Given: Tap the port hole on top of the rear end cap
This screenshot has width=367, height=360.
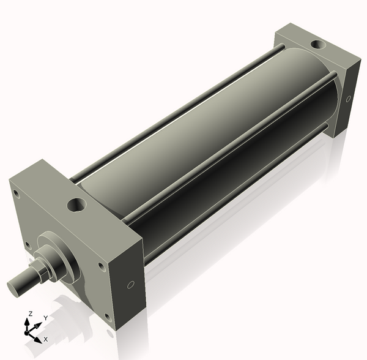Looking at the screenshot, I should [x=319, y=45].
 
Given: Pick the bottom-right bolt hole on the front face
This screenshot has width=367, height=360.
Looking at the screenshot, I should [x=108, y=317].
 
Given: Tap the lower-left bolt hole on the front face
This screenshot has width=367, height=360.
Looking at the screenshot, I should [x=27, y=246].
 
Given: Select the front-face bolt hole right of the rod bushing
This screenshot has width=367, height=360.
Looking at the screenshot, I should [x=100, y=267].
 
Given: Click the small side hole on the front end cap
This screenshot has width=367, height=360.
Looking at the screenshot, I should [x=130, y=285].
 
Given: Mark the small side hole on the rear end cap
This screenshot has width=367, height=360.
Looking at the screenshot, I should [x=348, y=99].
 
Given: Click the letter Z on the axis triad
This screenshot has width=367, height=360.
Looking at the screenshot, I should [x=30, y=313].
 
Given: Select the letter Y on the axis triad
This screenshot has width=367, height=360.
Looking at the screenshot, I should [x=45, y=318].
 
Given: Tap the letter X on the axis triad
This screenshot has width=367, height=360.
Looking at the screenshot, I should [x=45, y=339].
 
